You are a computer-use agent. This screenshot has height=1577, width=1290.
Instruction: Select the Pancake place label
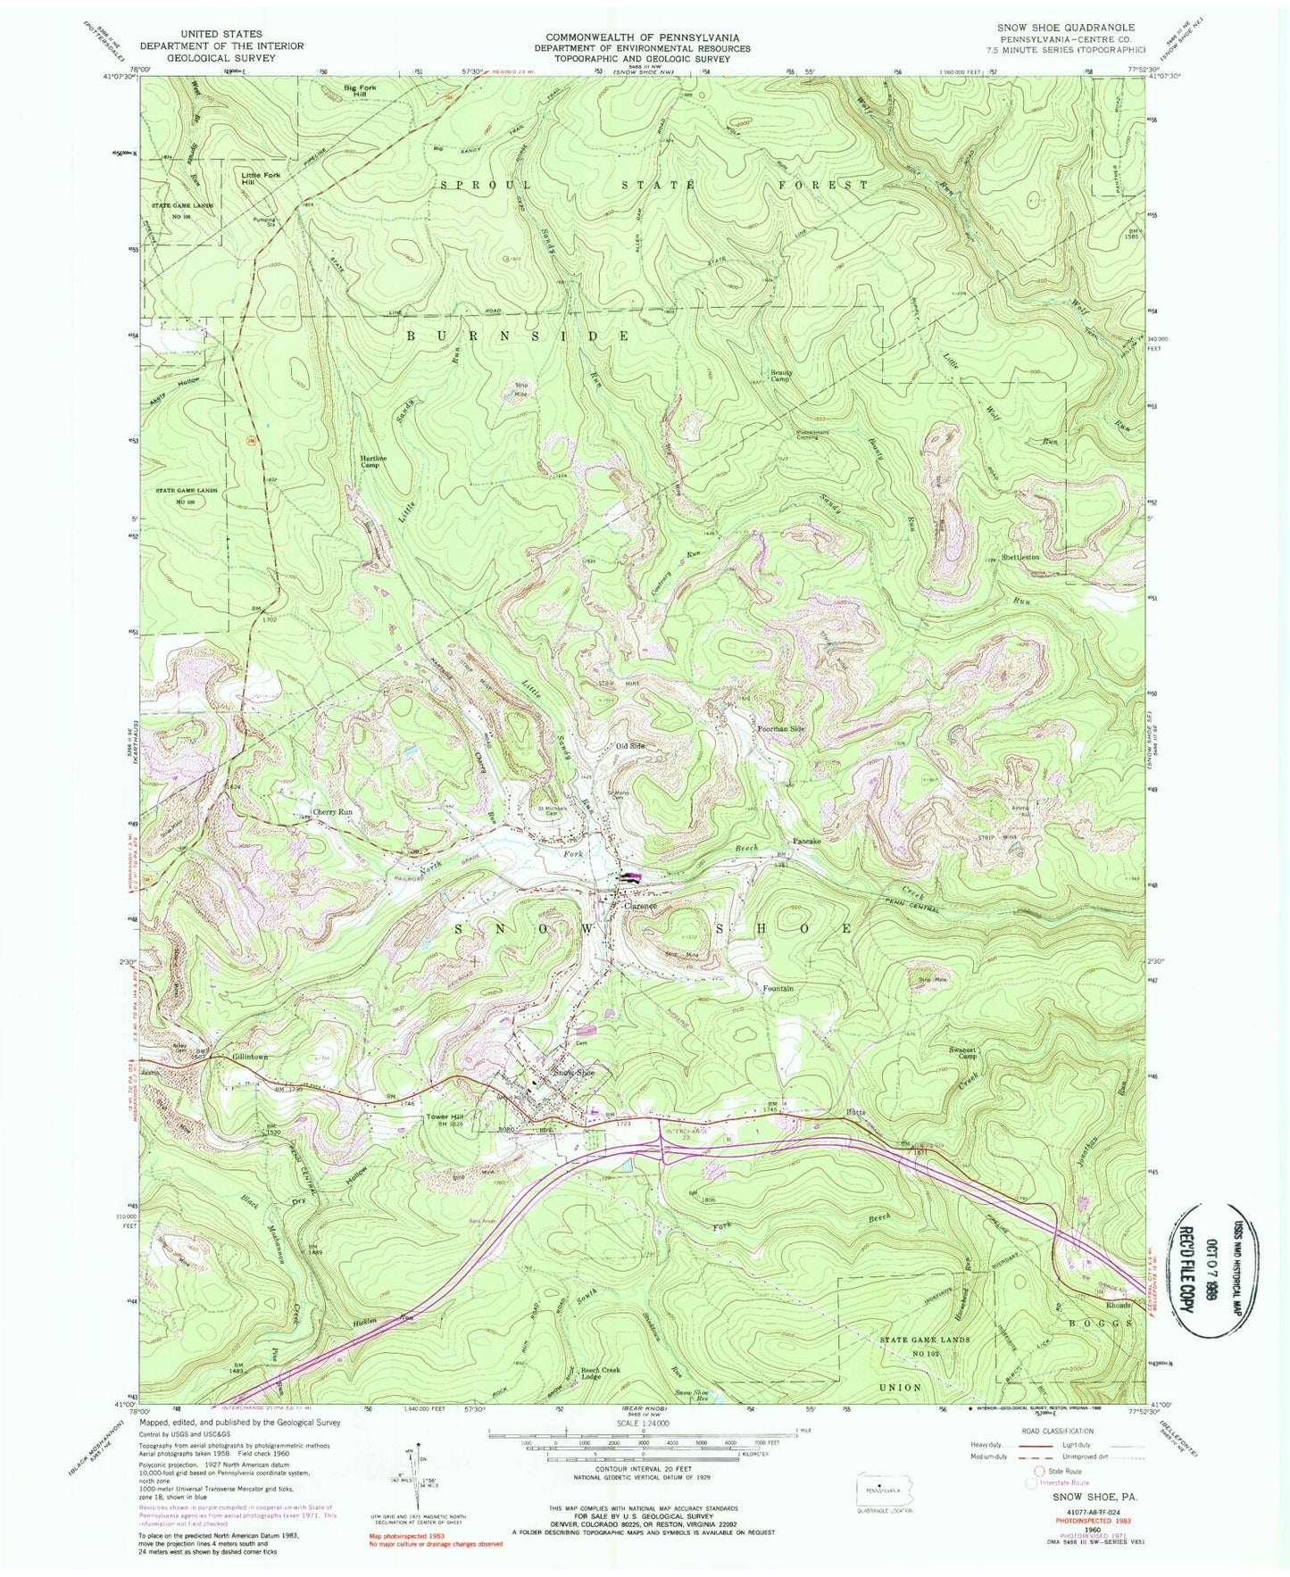pyautogui.click(x=807, y=841)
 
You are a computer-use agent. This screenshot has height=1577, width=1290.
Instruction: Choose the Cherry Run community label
pyautogui.click(x=331, y=812)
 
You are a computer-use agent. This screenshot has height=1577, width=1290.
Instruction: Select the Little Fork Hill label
pyautogui.click(x=261, y=178)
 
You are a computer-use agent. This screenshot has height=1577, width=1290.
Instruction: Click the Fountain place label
pyautogui.click(x=778, y=989)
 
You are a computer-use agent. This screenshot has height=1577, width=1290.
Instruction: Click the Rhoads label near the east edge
pyautogui.click(x=1119, y=1305)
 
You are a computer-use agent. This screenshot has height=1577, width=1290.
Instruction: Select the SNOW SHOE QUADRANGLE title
pyautogui.click(x=1067, y=28)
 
